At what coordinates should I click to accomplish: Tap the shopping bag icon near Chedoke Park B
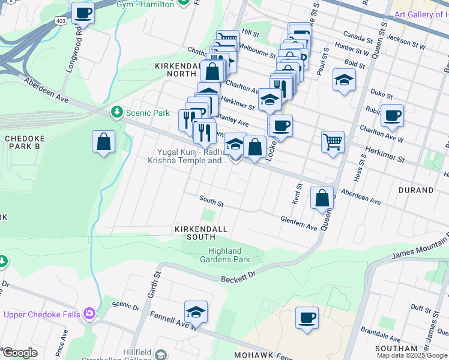(x=104, y=142)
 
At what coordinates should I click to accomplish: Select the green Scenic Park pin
(x=116, y=112)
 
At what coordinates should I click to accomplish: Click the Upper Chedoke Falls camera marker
(x=89, y=313)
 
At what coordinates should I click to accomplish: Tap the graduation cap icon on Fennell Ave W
(x=196, y=311)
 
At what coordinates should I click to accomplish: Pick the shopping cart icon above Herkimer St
(x=333, y=142)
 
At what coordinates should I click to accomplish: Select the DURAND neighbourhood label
(x=415, y=190)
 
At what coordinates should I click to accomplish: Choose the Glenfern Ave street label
(x=298, y=224)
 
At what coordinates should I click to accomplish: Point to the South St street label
(x=211, y=203)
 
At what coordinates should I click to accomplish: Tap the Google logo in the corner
(x=20, y=353)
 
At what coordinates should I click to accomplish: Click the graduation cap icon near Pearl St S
(x=344, y=80)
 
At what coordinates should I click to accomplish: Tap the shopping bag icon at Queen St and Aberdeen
(x=322, y=198)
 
